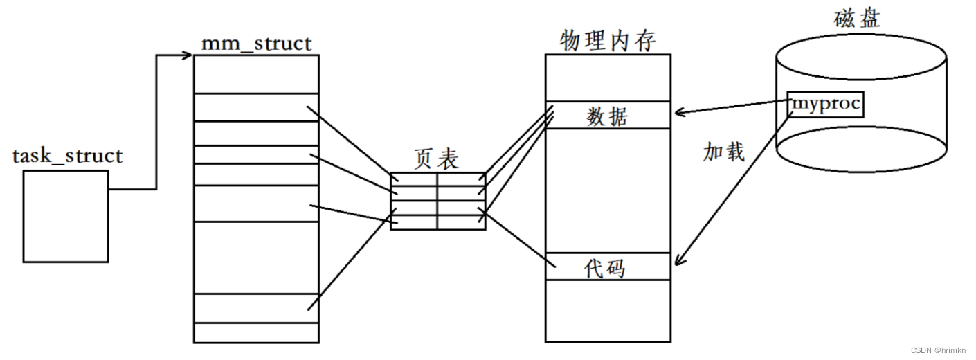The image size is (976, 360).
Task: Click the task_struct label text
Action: coord(67,156)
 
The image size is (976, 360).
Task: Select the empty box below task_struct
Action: coord(66,216)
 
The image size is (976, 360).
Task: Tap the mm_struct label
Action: coord(256,44)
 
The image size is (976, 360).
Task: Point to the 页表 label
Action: coord(436,160)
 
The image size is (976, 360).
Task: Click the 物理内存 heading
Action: coord(607,40)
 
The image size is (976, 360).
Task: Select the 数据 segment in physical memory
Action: coord(607,116)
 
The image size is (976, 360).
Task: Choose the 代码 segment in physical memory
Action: coord(607,267)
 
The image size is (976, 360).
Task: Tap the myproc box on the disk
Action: coord(826,105)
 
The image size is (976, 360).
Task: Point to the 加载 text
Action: coord(723,152)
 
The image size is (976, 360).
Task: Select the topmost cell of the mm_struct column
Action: coord(256,73)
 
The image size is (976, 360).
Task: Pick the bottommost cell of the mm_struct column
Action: coord(256,332)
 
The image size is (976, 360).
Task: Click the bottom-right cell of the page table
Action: coord(461,222)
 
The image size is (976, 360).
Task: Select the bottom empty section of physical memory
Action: coord(607,310)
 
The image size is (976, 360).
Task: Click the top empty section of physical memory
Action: coord(607,78)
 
